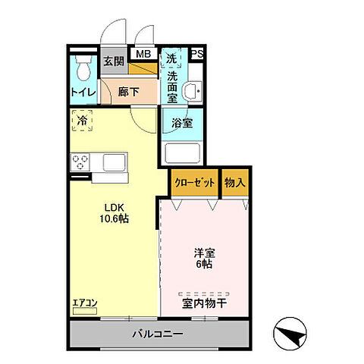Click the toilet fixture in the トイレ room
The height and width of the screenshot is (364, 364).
83,68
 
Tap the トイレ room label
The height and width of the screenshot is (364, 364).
83,93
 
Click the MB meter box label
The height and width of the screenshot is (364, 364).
142,54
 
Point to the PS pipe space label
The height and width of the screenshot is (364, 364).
196,54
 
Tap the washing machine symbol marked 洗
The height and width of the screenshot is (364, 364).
171,59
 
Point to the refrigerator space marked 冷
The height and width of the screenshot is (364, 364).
81,120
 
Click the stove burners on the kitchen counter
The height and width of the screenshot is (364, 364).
81,162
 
